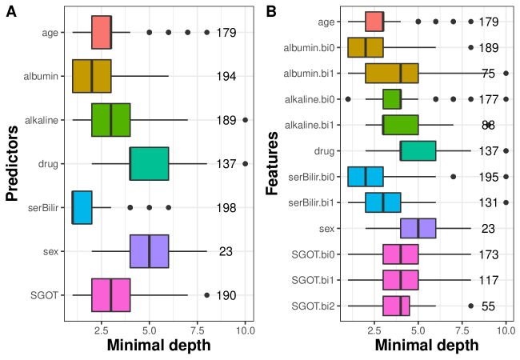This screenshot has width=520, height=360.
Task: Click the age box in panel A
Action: pyautogui.click(x=102, y=33)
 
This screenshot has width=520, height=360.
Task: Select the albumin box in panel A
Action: pyautogui.click(x=91, y=76)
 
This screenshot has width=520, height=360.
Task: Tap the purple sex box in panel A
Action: pyautogui.click(x=149, y=251)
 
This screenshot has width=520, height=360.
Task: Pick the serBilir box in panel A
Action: pyautogui.click(x=82, y=207)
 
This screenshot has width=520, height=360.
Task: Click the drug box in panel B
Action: pyautogui.click(x=418, y=150)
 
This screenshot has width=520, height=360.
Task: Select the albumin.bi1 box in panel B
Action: pyautogui.click(x=392, y=74)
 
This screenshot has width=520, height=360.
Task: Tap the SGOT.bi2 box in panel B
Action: pyautogui.click(x=396, y=306)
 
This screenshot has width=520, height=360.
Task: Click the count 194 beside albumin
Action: pyautogui.click(x=226, y=76)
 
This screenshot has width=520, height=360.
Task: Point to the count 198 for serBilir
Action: pyautogui.click(x=226, y=208)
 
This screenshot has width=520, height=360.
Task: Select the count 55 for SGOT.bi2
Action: pyautogui.click(x=488, y=306)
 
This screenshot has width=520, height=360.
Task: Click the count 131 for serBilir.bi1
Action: pyautogui.click(x=488, y=202)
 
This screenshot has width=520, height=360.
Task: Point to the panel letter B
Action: pyautogui.click(x=272, y=12)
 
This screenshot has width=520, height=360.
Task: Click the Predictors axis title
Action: pyautogui.click(x=12, y=164)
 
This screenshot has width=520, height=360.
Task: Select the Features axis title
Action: pyautogui.click(x=273, y=163)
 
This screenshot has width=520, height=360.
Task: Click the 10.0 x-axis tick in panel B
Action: pyautogui.click(x=506, y=329)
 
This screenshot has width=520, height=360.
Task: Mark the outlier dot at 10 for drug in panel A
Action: pyautogui.click(x=245, y=163)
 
